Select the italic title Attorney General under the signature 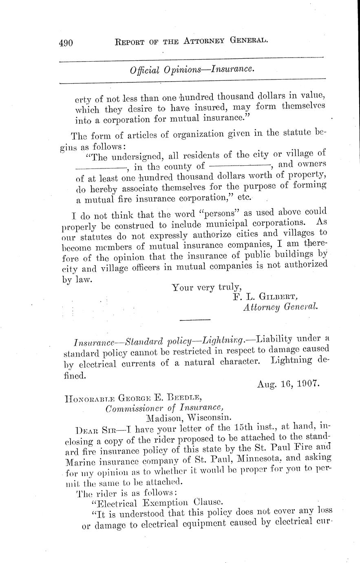[280, 307]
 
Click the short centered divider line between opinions [194, 319]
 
